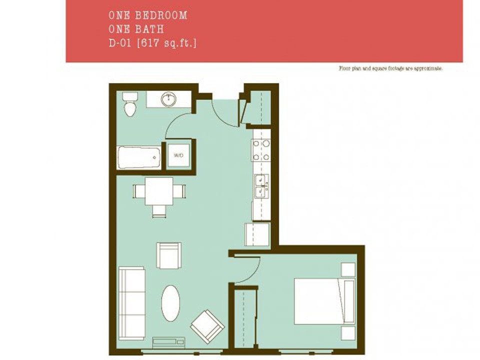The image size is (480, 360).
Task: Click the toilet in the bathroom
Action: click(x=130, y=104)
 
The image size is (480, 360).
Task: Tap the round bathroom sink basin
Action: click(x=169, y=99)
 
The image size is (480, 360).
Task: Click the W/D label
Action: click(x=178, y=156)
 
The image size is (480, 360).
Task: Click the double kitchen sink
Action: click(x=261, y=186)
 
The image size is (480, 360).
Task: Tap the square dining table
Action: click(x=159, y=191)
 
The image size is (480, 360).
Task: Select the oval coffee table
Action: click(x=171, y=303)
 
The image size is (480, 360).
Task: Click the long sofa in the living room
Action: click(x=131, y=303)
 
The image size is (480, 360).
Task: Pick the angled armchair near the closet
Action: click(x=207, y=326)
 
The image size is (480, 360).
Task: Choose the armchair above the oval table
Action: click(x=169, y=255)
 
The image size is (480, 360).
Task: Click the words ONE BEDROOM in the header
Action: click(x=148, y=15)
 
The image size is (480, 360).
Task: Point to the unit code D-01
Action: click(x=118, y=43)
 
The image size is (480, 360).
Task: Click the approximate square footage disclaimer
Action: click(x=390, y=68)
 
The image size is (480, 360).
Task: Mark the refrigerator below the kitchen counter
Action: click(x=256, y=234)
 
